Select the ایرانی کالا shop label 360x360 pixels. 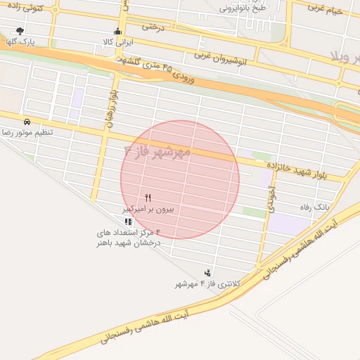(x=117, y=42)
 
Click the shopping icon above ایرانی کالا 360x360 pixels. (x=117, y=32)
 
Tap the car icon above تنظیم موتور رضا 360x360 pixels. (x=27, y=121)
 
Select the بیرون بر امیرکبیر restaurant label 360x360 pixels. (x=148, y=209)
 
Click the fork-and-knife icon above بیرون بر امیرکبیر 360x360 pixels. (x=148, y=198)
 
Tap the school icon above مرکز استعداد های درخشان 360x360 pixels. (x=128, y=221)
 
